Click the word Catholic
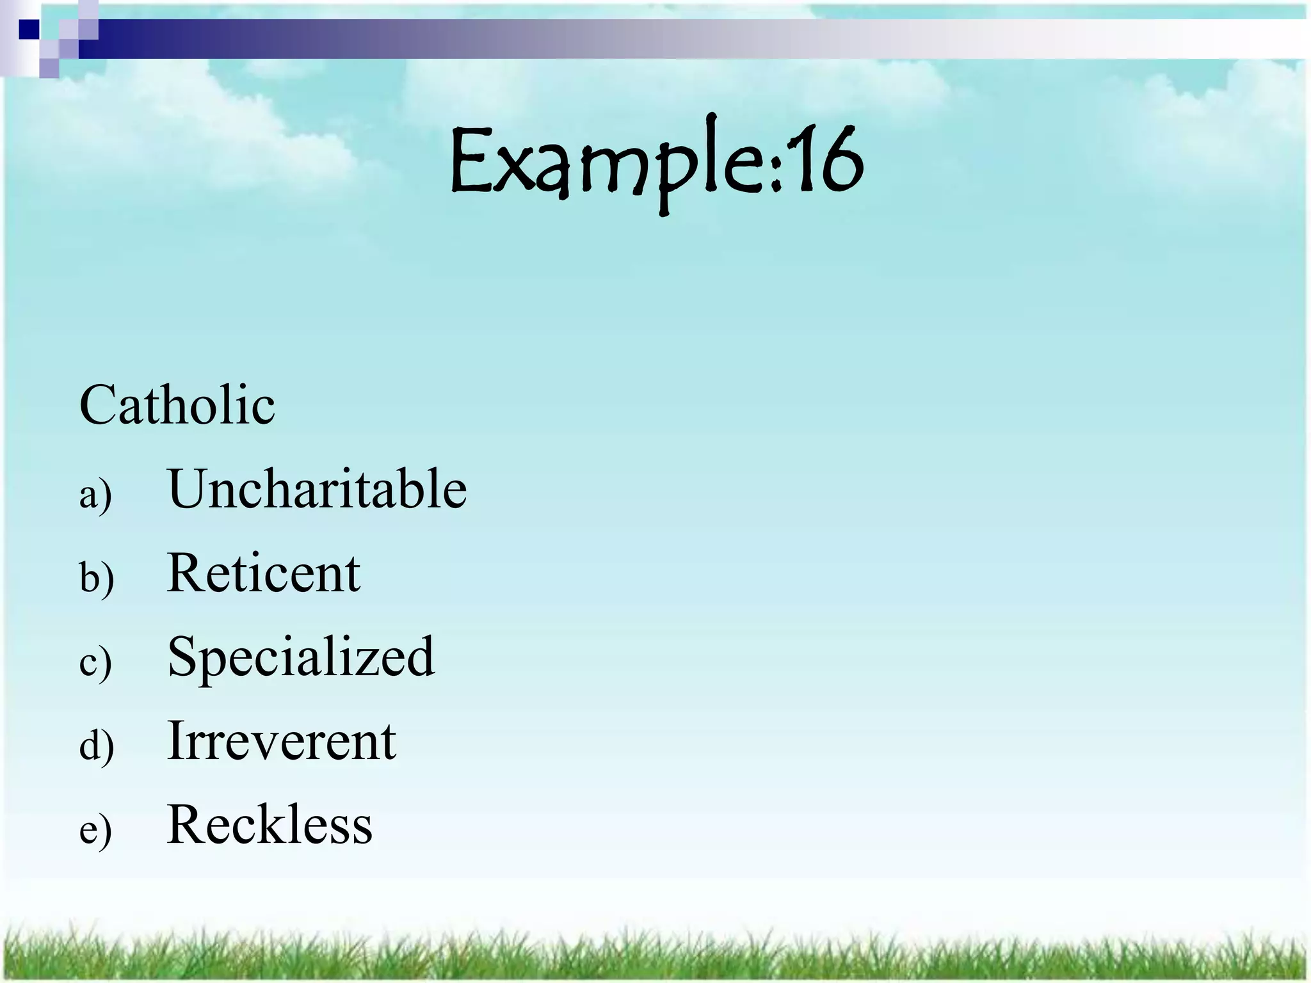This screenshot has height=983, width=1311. click(177, 405)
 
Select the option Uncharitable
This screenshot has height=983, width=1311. click(317, 489)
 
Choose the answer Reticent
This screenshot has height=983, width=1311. click(263, 573)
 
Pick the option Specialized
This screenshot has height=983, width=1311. click(301, 657)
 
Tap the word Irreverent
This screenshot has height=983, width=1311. click(281, 740)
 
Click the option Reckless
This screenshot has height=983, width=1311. click(269, 824)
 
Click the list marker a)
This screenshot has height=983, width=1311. click(96, 495)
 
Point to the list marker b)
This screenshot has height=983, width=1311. click(97, 577)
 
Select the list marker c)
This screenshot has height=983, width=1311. click(96, 662)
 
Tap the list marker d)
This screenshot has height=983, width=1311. click(97, 745)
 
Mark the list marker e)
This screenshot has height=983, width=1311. click(96, 830)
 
